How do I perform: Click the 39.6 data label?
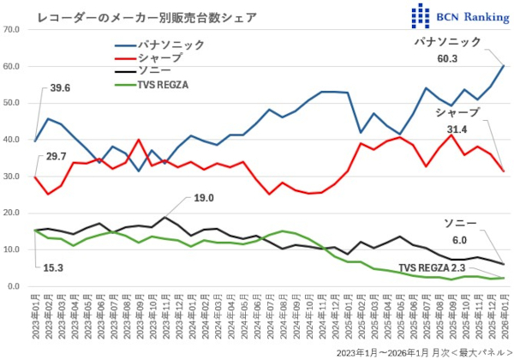tap(61, 88)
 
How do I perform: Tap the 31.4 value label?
tap(456, 129)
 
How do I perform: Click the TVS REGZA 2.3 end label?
tap(433, 267)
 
